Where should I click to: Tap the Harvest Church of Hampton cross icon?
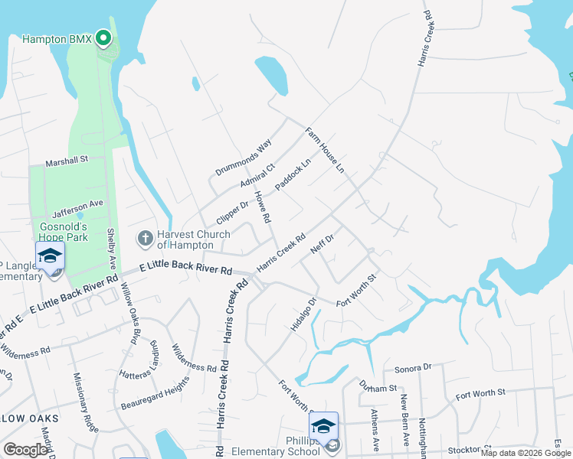[x=145, y=238]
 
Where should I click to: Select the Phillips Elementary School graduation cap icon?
[x=323, y=425]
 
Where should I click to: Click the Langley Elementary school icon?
[x=50, y=256]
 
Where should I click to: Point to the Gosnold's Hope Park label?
[x=64, y=232]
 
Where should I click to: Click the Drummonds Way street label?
[x=244, y=158]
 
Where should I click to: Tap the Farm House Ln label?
[x=325, y=150]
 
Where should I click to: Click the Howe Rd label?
[x=263, y=207]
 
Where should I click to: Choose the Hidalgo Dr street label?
[x=303, y=314]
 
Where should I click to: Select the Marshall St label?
[x=67, y=161]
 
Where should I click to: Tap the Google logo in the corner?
[x=25, y=450]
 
